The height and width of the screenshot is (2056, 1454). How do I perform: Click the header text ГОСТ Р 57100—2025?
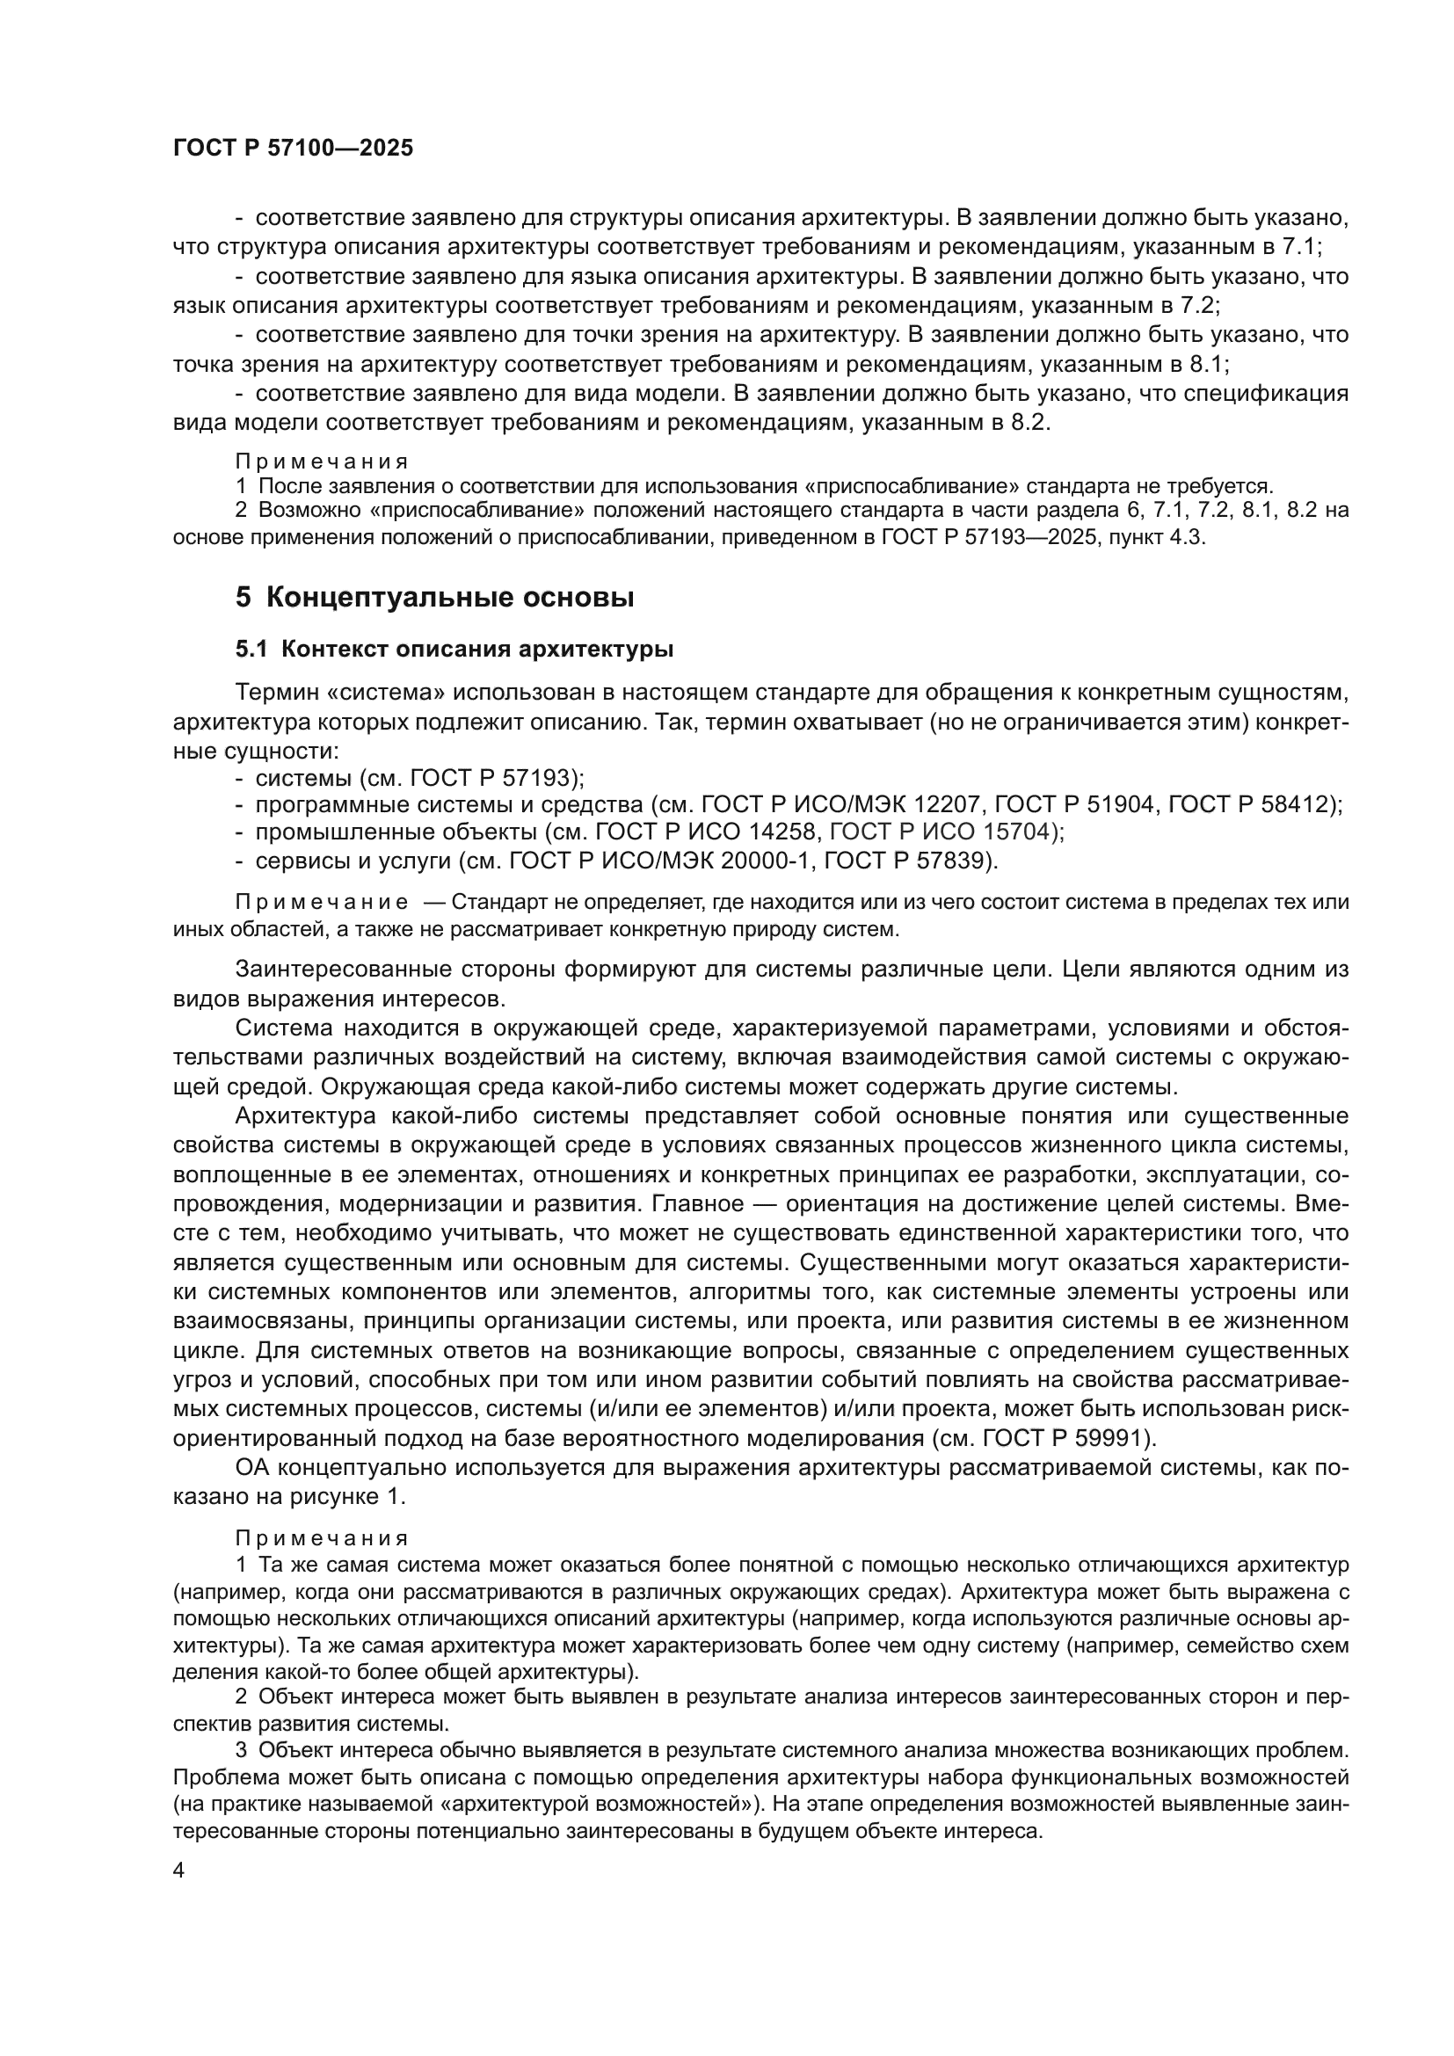293,149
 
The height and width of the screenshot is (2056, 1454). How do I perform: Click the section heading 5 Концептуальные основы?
435,597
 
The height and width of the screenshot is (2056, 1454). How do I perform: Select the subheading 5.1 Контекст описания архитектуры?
454,650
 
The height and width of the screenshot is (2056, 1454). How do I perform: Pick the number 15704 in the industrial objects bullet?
1015,832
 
